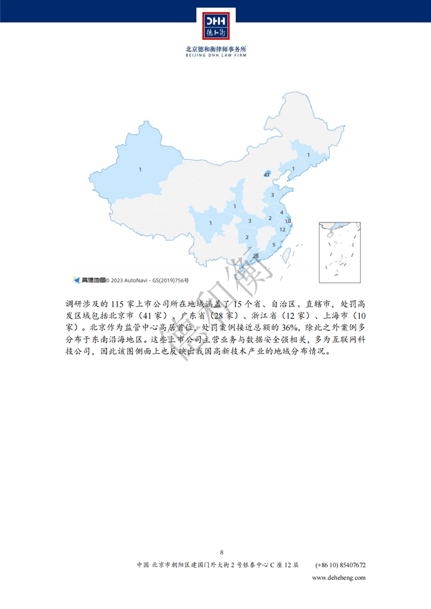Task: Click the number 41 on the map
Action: click(x=267, y=175)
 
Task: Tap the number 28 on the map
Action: click(x=256, y=256)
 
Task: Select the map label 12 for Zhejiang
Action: click(x=282, y=230)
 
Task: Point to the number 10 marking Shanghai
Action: click(x=288, y=221)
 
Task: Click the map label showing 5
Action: click(x=274, y=245)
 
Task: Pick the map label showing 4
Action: click(x=282, y=213)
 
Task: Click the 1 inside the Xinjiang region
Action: click(x=140, y=169)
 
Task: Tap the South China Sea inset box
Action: click(x=339, y=252)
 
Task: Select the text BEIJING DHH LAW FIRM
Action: click(x=215, y=54)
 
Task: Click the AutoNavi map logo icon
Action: click(x=77, y=280)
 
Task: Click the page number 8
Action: click(x=222, y=552)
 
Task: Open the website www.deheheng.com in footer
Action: click(x=339, y=577)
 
